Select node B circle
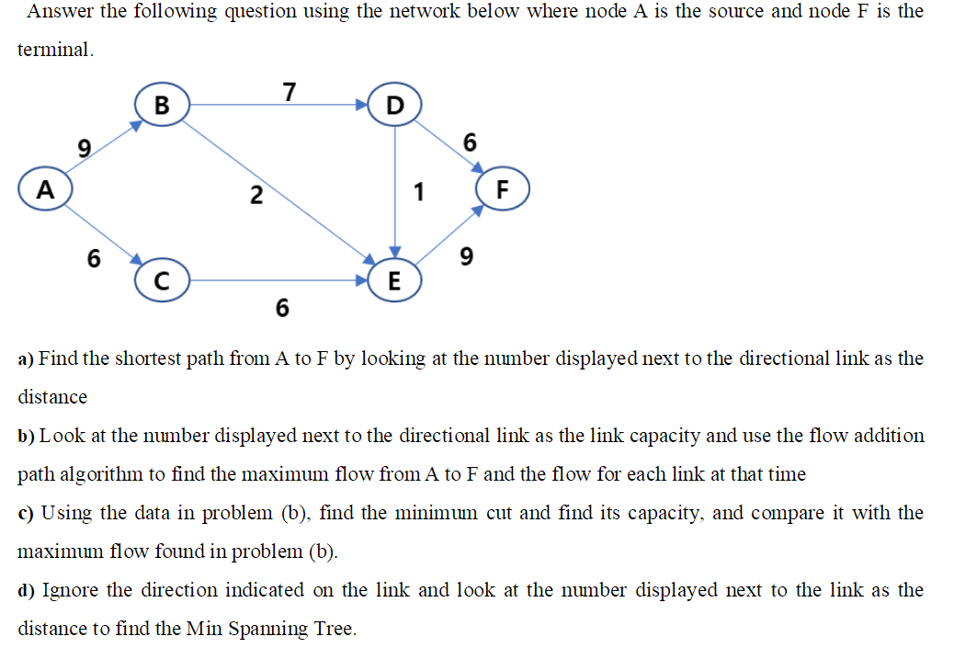click(162, 105)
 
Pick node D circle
click(394, 105)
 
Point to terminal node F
click(501, 192)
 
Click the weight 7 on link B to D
click(289, 92)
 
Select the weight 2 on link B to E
click(256, 195)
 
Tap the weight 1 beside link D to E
click(419, 192)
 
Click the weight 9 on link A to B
click(85, 147)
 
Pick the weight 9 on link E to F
click(466, 258)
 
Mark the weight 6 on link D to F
click(471, 142)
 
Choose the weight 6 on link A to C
click(93, 259)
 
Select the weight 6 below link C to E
click(281, 308)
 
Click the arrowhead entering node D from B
click(363, 105)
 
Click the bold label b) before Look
click(27, 436)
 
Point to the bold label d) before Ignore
click(27, 590)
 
